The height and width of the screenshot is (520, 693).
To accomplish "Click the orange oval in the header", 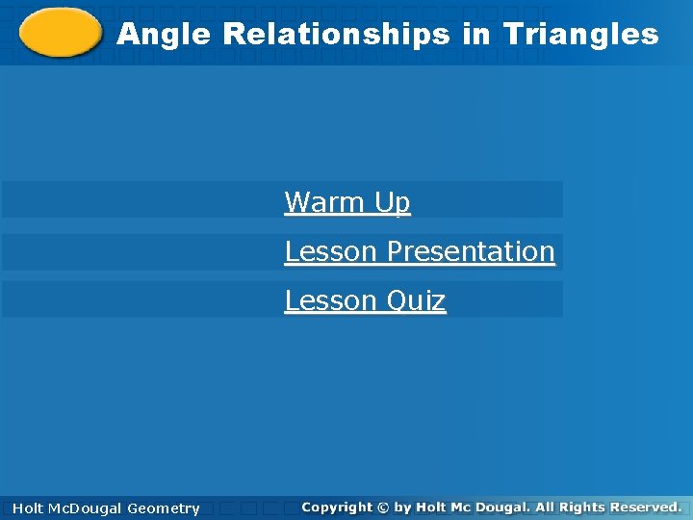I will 60,33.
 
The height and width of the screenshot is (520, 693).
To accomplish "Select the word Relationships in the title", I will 336,36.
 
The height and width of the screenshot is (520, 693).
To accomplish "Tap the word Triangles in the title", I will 580,36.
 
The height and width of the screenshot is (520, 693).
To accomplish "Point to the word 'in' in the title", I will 475,36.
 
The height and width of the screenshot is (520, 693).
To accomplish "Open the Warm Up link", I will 347,202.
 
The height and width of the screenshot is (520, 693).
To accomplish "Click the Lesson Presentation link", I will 420,251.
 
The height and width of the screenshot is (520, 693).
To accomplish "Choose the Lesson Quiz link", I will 365,300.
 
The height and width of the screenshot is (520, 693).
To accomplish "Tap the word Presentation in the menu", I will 471,251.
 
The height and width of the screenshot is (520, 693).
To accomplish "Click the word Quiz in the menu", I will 416,300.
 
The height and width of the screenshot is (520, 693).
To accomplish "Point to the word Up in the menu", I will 393,202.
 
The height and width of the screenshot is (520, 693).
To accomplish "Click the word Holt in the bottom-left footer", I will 29,508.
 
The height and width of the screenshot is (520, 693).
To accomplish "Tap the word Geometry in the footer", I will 164,508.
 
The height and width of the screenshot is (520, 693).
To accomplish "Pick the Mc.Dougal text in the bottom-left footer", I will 87,508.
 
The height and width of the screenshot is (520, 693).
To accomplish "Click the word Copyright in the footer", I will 336,507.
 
